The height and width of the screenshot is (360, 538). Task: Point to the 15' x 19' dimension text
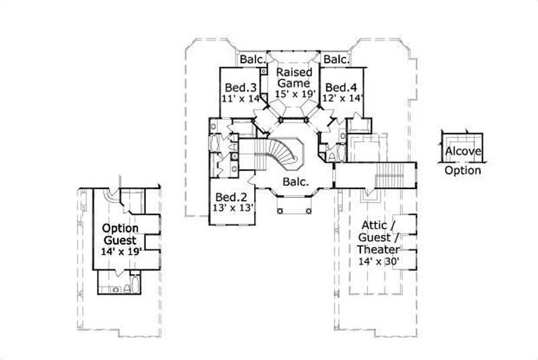pyautogui.click(x=294, y=94)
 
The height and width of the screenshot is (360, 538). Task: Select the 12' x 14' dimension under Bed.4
pyautogui.click(x=343, y=98)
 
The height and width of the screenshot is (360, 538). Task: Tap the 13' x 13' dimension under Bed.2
pyautogui.click(x=232, y=208)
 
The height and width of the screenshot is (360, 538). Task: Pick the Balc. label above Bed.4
pyautogui.click(x=336, y=60)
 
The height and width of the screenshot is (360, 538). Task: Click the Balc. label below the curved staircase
pyautogui.click(x=295, y=182)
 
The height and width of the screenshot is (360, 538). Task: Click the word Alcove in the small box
pyautogui.click(x=463, y=151)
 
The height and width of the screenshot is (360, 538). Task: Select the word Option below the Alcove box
pyautogui.click(x=463, y=170)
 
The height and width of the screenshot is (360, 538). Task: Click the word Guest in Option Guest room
pyautogui.click(x=120, y=240)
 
